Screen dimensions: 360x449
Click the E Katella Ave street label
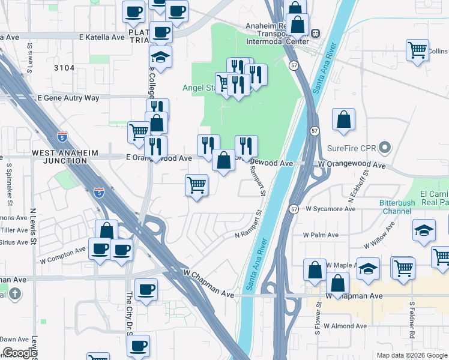[x=101, y=37]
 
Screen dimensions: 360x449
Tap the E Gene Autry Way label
[x=68, y=98]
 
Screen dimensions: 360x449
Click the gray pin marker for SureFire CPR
[x=386, y=146]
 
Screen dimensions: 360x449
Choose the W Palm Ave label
[x=321, y=235]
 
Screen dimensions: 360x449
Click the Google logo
[x=20, y=353]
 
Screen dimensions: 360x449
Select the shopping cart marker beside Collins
[x=417, y=50]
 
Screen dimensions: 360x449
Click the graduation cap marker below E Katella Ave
[x=160, y=57]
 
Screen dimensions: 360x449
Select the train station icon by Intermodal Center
[x=315, y=34]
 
